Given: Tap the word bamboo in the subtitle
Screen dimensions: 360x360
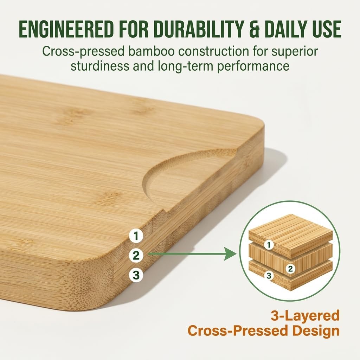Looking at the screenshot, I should point(147,51).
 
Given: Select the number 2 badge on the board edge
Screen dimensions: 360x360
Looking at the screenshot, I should point(136,255).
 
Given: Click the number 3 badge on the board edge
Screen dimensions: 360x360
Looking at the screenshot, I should point(136,275).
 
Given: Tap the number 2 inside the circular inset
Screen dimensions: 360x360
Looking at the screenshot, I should point(290,269).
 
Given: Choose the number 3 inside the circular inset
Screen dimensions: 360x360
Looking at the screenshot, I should point(269,276).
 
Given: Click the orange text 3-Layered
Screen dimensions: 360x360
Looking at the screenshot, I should point(305,315).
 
